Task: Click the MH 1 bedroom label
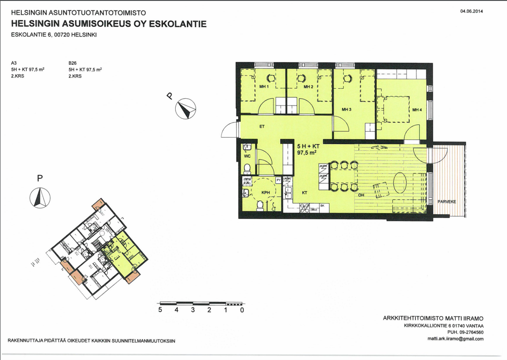[x=264, y=87]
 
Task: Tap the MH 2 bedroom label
[x=309, y=87]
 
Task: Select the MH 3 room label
[x=347, y=109]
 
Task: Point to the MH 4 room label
[x=417, y=110]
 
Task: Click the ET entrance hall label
[x=262, y=127]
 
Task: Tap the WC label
[x=247, y=156]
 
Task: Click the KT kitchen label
[x=305, y=192]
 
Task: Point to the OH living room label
[x=362, y=195]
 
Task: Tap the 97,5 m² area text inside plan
[x=306, y=153]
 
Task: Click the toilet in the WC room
[x=247, y=169]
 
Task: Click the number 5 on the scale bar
[x=160, y=311]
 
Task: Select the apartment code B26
[x=72, y=63]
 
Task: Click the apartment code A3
[x=14, y=63]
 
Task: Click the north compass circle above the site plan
[x=40, y=197]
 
